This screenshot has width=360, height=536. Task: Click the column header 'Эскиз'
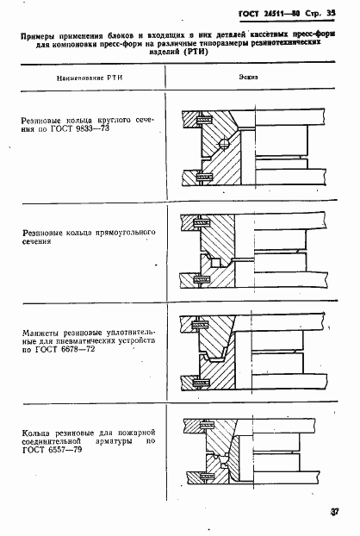click(x=249, y=77)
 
